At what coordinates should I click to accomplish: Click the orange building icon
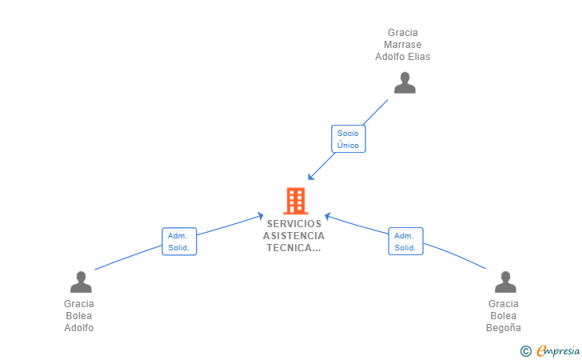pyautogui.click(x=295, y=201)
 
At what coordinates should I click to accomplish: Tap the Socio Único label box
pyautogui.click(x=348, y=139)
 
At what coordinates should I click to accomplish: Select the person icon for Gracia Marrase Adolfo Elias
pyautogui.click(x=405, y=83)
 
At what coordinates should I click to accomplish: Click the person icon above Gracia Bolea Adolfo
pyautogui.click(x=81, y=282)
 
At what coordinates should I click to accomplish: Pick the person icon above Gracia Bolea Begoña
pyautogui.click(x=505, y=282)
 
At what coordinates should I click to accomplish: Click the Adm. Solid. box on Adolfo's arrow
pyautogui.click(x=178, y=242)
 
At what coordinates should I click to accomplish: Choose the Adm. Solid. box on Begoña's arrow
pyautogui.click(x=405, y=242)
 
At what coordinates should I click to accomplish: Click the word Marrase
pyautogui.click(x=403, y=45)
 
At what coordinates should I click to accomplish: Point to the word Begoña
pyautogui.click(x=504, y=328)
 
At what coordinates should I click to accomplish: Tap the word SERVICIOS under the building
pyautogui.click(x=294, y=224)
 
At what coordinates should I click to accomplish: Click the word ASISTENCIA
pyautogui.click(x=294, y=236)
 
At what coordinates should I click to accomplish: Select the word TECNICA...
pyautogui.click(x=293, y=248)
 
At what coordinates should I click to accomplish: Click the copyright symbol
pyautogui.click(x=525, y=350)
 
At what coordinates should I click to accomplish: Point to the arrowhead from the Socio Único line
pyautogui.click(x=310, y=178)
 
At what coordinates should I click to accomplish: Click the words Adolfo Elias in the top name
pyautogui.click(x=403, y=57)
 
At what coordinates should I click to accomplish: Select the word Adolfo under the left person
pyautogui.click(x=79, y=328)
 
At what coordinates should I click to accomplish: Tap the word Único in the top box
pyautogui.click(x=348, y=146)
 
